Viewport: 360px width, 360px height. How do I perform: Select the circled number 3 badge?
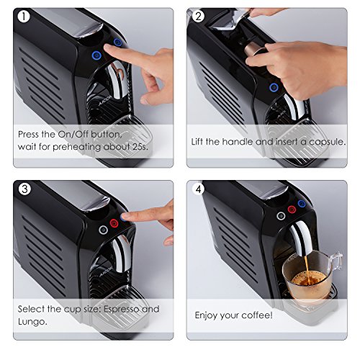(x=24, y=189)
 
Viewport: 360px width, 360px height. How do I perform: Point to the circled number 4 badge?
(x=198, y=189)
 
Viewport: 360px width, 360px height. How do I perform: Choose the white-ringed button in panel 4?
(x=278, y=215)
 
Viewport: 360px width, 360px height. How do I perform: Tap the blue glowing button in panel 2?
(x=274, y=87)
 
